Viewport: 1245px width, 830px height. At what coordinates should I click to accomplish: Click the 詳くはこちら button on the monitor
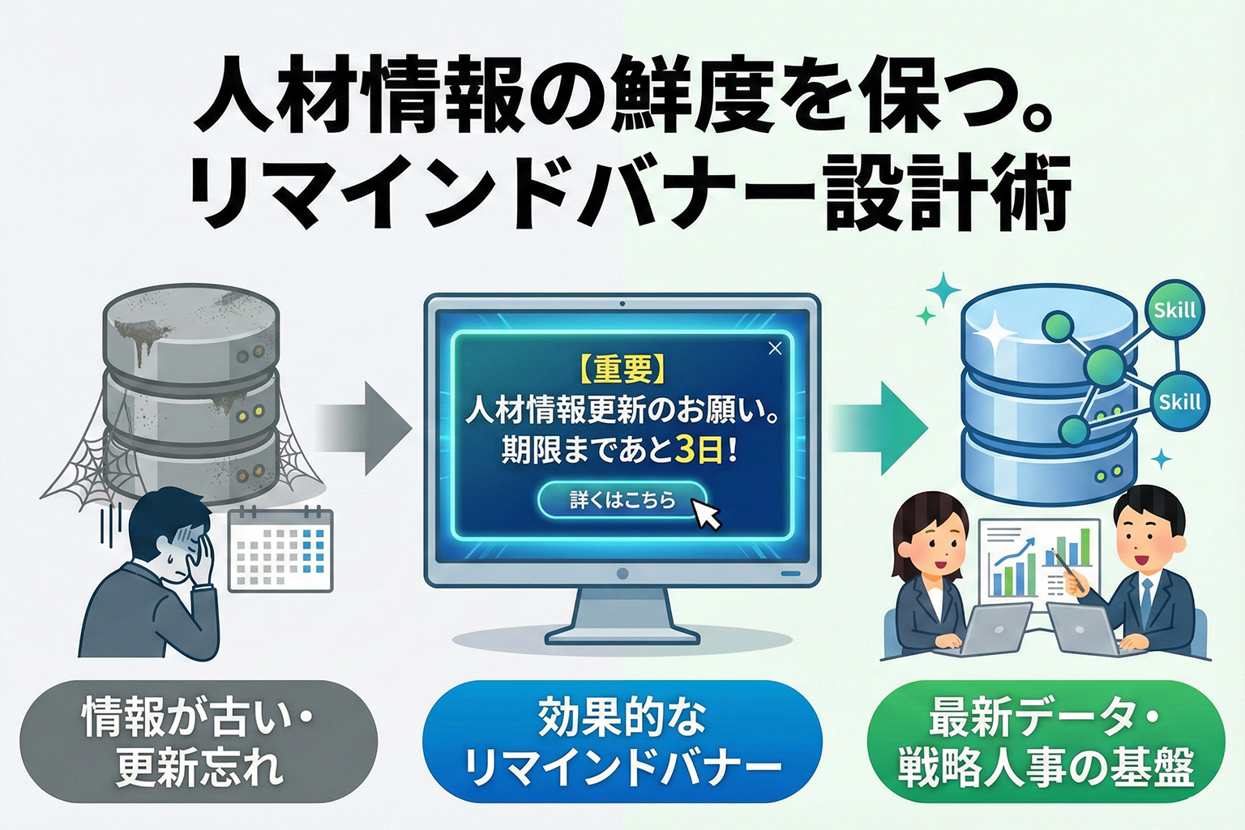pos(622,500)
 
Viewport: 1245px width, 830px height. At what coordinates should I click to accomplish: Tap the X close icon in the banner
pos(775,349)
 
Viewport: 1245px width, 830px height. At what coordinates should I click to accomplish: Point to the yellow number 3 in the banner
pos(685,451)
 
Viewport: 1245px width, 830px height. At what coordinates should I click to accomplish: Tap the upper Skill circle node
pos(1174,310)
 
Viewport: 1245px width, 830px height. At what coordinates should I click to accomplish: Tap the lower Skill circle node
pos(1179,401)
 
